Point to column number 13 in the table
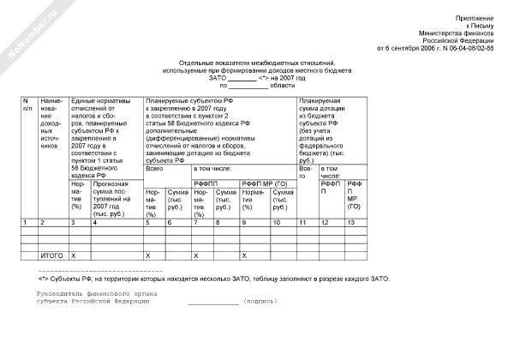pos(350,223)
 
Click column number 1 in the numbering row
pos(26,223)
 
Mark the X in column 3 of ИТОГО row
pos(74,255)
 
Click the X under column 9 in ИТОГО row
pos(244,255)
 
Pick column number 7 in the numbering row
pos(196,223)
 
